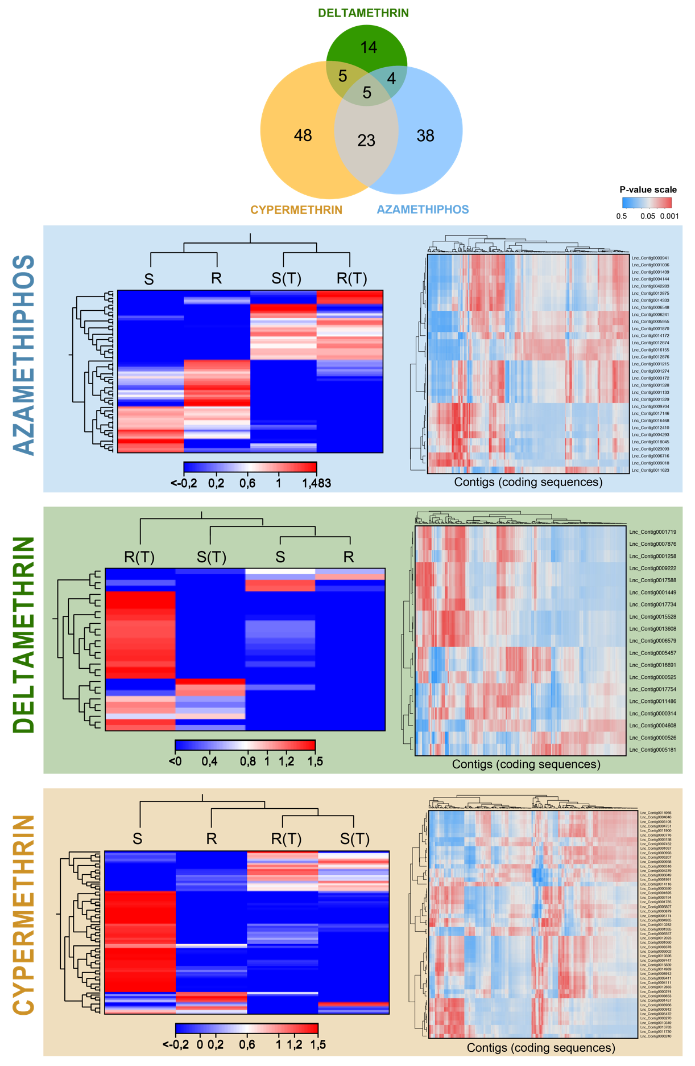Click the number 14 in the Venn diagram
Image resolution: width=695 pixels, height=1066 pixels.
(369, 47)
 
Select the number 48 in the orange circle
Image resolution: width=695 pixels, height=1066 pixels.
(303, 135)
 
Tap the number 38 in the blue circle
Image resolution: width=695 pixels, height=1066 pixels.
(425, 135)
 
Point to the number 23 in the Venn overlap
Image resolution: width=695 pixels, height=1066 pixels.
(366, 141)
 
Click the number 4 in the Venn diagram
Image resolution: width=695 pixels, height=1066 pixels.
(391, 79)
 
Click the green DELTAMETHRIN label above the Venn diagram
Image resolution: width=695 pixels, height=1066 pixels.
(363, 13)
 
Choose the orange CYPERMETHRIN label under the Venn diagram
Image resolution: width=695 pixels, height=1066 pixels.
(296, 210)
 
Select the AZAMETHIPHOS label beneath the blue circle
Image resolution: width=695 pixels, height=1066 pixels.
(423, 209)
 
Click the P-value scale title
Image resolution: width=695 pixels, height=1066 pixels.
(648, 190)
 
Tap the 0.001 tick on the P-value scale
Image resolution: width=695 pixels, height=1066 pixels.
(669, 216)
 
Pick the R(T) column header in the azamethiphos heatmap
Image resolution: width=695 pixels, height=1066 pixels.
(351, 278)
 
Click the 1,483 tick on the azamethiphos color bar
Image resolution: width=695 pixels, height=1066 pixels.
(316, 483)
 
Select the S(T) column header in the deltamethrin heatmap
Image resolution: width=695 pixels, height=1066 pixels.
(211, 557)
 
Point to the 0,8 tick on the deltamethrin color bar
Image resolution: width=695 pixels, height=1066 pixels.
(247, 762)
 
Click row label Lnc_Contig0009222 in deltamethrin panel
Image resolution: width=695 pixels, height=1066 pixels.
(652, 569)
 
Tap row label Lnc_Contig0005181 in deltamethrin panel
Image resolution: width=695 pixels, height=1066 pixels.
(652, 750)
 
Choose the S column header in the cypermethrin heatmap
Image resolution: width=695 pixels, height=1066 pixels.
(137, 839)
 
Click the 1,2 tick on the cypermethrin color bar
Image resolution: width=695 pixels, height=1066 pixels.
(294, 1045)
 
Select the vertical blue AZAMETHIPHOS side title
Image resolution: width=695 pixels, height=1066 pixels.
(24, 355)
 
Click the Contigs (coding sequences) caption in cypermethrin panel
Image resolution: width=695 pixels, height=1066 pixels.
(540, 1048)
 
